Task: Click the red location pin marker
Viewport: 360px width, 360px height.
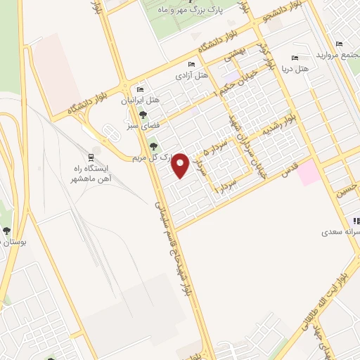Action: (180, 165)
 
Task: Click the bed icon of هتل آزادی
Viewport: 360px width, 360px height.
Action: (191, 65)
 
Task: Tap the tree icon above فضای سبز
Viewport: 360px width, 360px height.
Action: (143, 115)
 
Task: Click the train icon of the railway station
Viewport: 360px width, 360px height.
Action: (91, 157)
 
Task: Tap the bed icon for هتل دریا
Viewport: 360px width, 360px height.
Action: (295, 59)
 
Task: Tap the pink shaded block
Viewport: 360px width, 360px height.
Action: (308, 173)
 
